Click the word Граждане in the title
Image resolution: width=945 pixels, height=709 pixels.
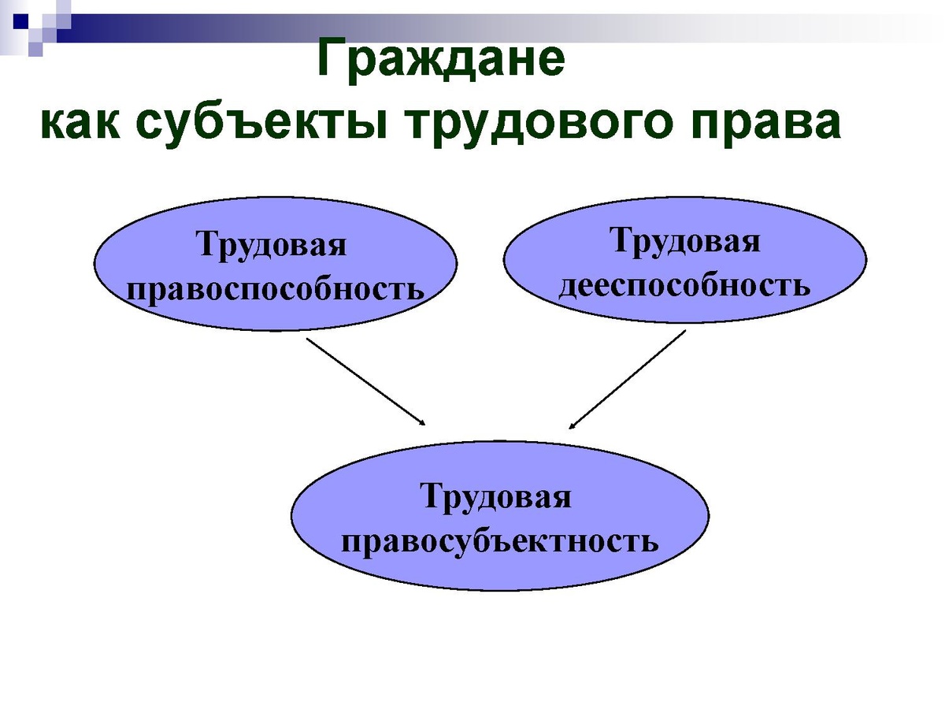click(441, 58)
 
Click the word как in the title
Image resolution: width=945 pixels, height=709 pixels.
click(80, 123)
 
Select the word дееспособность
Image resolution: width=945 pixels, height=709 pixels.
click(684, 285)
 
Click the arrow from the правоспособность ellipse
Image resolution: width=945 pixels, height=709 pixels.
click(366, 381)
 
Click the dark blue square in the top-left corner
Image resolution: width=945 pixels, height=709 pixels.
click(20, 21)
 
